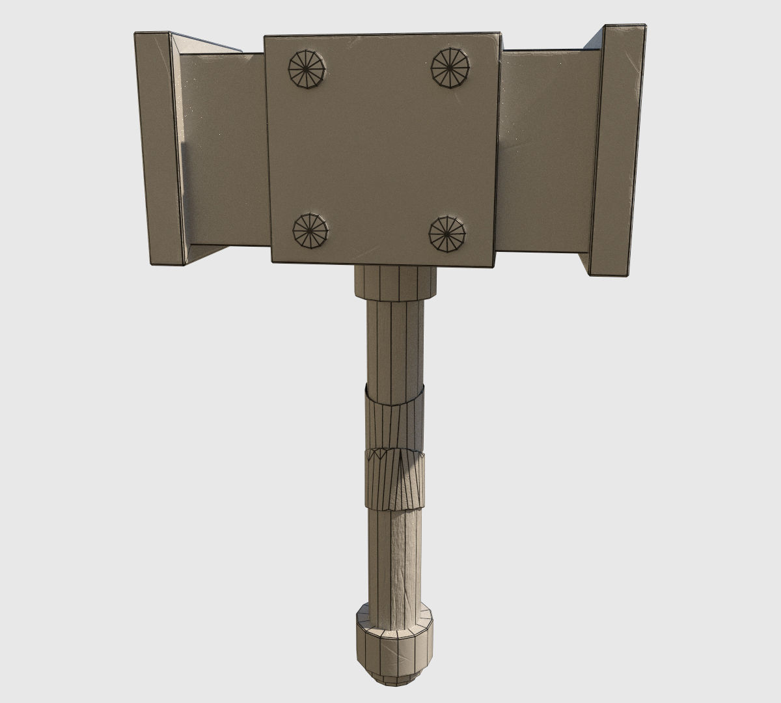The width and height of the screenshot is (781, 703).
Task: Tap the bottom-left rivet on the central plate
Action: click(x=310, y=230)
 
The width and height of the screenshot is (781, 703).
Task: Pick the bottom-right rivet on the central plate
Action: click(x=447, y=234)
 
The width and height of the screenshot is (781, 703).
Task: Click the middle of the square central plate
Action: click(x=383, y=150)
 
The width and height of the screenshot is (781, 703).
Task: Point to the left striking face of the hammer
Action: click(x=159, y=148)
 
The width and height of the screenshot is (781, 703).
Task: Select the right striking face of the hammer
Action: click(x=617, y=150)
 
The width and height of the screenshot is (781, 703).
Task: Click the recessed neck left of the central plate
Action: click(x=225, y=150)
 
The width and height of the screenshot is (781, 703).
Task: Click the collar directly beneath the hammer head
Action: click(x=395, y=281)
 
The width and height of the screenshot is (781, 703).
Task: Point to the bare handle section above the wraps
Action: click(x=395, y=342)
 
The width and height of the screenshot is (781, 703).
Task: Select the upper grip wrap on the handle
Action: click(x=394, y=417)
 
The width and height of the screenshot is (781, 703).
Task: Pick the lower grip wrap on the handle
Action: click(x=394, y=478)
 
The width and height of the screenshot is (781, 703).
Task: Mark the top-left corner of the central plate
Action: click(x=264, y=36)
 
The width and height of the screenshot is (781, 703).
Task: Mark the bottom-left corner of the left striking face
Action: click(x=151, y=264)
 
